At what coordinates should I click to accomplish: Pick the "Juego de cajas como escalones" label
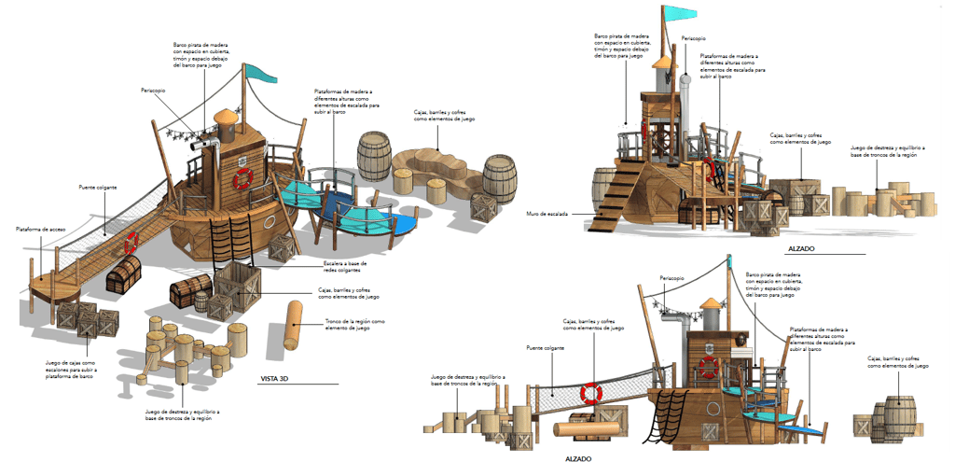(x=71, y=368)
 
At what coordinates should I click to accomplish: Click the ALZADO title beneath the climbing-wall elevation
(x=798, y=249)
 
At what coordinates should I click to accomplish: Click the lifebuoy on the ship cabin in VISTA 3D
(x=242, y=177)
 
